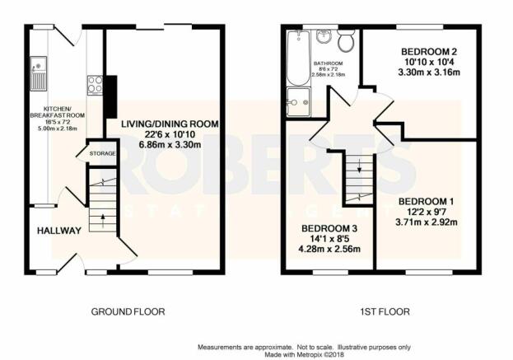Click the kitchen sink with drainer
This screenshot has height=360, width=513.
[39, 73]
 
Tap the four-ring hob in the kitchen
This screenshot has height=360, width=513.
[95, 85]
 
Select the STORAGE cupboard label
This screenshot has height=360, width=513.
[102, 153]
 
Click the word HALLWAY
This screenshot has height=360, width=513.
[59, 231]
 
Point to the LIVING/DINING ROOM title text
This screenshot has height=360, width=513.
[170, 124]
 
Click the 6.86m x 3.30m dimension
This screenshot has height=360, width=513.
[170, 144]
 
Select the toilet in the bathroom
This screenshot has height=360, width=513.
[346, 40]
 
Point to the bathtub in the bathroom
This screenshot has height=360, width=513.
[298, 58]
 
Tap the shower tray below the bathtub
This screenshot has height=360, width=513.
[298, 102]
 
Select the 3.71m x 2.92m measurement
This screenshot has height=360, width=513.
[427, 222]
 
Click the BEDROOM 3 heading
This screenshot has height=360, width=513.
[329, 228]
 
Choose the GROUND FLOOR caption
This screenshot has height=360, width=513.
[128, 311]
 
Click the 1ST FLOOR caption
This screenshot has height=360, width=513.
[385, 311]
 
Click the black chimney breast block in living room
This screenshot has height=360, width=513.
[111, 96]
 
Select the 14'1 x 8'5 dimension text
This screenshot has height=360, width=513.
[329, 239]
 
